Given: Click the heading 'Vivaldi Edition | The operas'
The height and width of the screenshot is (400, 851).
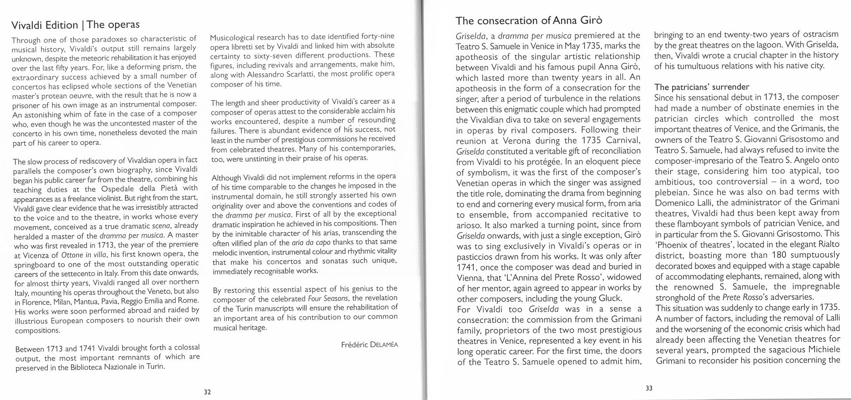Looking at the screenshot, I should tap(75, 25).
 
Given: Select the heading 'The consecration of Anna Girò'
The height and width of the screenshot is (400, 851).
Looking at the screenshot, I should tap(529, 20).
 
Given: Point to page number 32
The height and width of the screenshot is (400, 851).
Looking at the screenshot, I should tap(207, 392).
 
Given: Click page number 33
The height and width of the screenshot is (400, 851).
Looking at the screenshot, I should tap(649, 388).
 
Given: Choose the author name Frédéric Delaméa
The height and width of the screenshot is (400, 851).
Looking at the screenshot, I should tap(369, 345).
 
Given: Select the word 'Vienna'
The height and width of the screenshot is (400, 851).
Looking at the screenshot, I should tap(472, 277).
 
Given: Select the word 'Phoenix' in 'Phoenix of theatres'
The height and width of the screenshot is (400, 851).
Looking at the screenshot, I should tap(673, 245).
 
